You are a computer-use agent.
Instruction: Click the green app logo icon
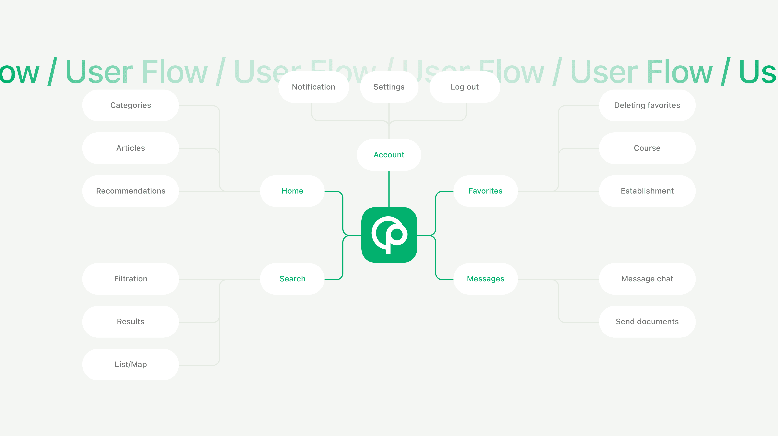click(x=389, y=235)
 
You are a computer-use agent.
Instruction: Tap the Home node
click(x=292, y=191)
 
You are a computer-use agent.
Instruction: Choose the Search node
click(x=292, y=279)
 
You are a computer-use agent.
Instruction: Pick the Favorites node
click(x=485, y=191)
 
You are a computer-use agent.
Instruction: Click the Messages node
click(x=485, y=279)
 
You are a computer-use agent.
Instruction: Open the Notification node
click(x=313, y=87)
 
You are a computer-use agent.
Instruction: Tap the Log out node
click(x=465, y=87)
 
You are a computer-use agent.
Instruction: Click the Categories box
click(x=130, y=105)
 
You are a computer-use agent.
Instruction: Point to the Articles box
click(x=130, y=148)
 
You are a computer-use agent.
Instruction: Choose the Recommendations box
click(x=130, y=191)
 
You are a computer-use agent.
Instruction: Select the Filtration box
click(x=130, y=279)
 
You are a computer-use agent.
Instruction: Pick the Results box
click(x=130, y=321)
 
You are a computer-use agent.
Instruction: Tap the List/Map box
click(x=130, y=364)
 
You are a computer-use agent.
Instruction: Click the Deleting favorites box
click(x=647, y=105)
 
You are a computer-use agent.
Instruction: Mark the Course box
click(x=647, y=148)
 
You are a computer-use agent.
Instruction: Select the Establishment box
click(x=647, y=191)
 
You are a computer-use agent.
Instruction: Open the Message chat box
click(x=647, y=279)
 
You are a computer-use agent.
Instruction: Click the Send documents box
click(x=647, y=321)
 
